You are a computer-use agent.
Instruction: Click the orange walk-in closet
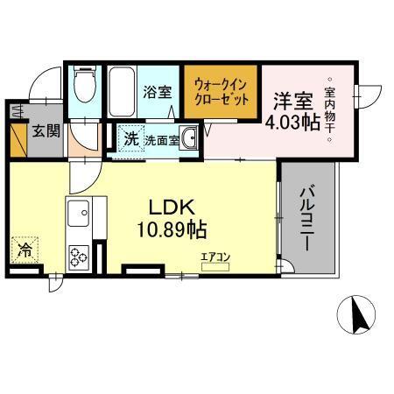(222, 92)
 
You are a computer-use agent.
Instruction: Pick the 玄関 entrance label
(46, 131)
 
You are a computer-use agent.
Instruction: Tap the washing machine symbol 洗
(130, 138)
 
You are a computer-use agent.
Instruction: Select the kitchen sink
(81, 211)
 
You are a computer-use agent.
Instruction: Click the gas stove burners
(80, 255)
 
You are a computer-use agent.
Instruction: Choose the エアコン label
(214, 256)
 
